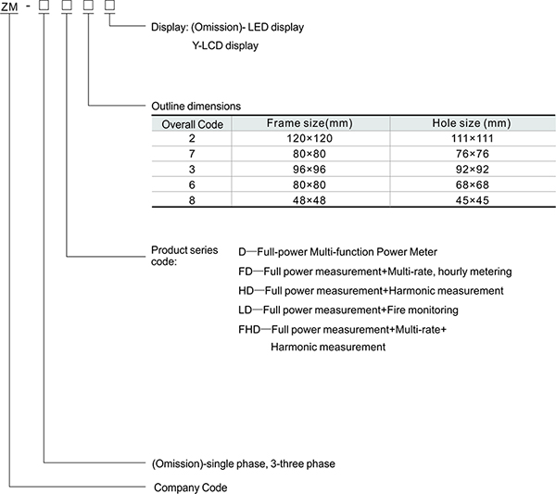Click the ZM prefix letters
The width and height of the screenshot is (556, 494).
pyautogui.click(x=11, y=7)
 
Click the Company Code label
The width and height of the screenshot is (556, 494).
pyautogui.click(x=188, y=487)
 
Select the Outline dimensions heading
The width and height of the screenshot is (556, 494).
pyautogui.click(x=196, y=107)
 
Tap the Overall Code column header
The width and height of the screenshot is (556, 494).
pyautogui.click(x=191, y=123)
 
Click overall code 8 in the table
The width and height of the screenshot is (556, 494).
pyautogui.click(x=191, y=201)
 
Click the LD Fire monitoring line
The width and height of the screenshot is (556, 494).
pyautogui.click(x=347, y=310)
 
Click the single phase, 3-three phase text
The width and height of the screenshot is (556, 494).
pyautogui.click(x=243, y=463)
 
